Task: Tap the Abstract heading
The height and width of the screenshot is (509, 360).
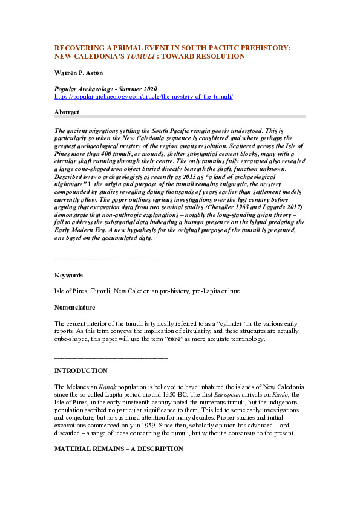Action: pos(67,112)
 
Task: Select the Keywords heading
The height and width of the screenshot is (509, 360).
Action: pos(69,275)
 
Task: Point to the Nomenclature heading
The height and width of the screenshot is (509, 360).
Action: pos(75,307)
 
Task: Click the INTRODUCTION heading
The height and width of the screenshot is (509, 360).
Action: pos(81,371)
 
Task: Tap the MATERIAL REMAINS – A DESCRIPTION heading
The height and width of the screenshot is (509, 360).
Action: pos(119,449)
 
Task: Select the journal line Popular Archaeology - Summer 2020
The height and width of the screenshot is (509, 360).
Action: pos(106,89)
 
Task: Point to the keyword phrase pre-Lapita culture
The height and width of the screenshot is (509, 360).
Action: pos(215,291)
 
